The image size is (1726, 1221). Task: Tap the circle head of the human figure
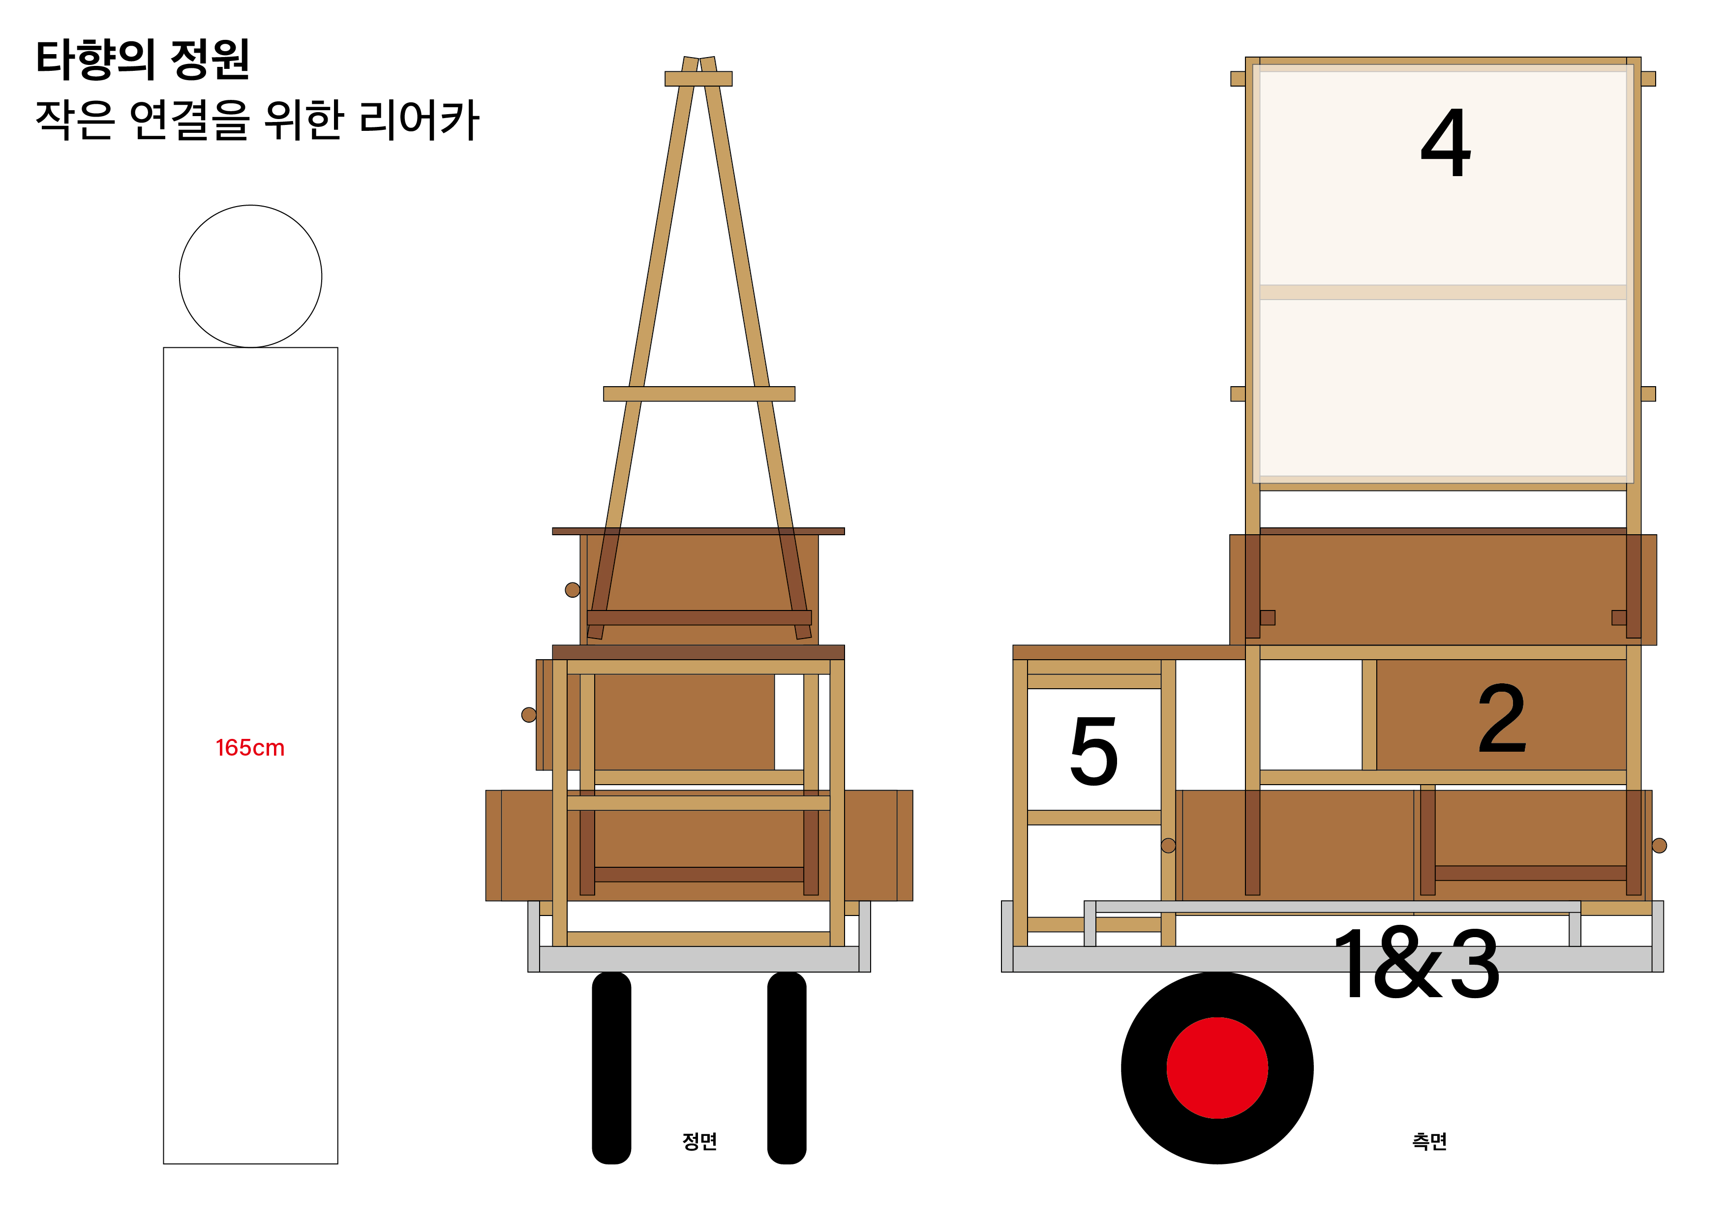pyautogui.click(x=250, y=276)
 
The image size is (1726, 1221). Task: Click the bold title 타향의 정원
pyautogui.click(x=143, y=60)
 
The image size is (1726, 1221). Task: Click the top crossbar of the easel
pyautogui.click(x=698, y=79)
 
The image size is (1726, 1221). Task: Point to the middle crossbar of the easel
pyautogui.click(x=699, y=394)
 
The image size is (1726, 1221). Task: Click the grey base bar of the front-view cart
pyautogui.click(x=699, y=959)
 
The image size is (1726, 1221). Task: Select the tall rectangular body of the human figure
pyautogui.click(x=250, y=756)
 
